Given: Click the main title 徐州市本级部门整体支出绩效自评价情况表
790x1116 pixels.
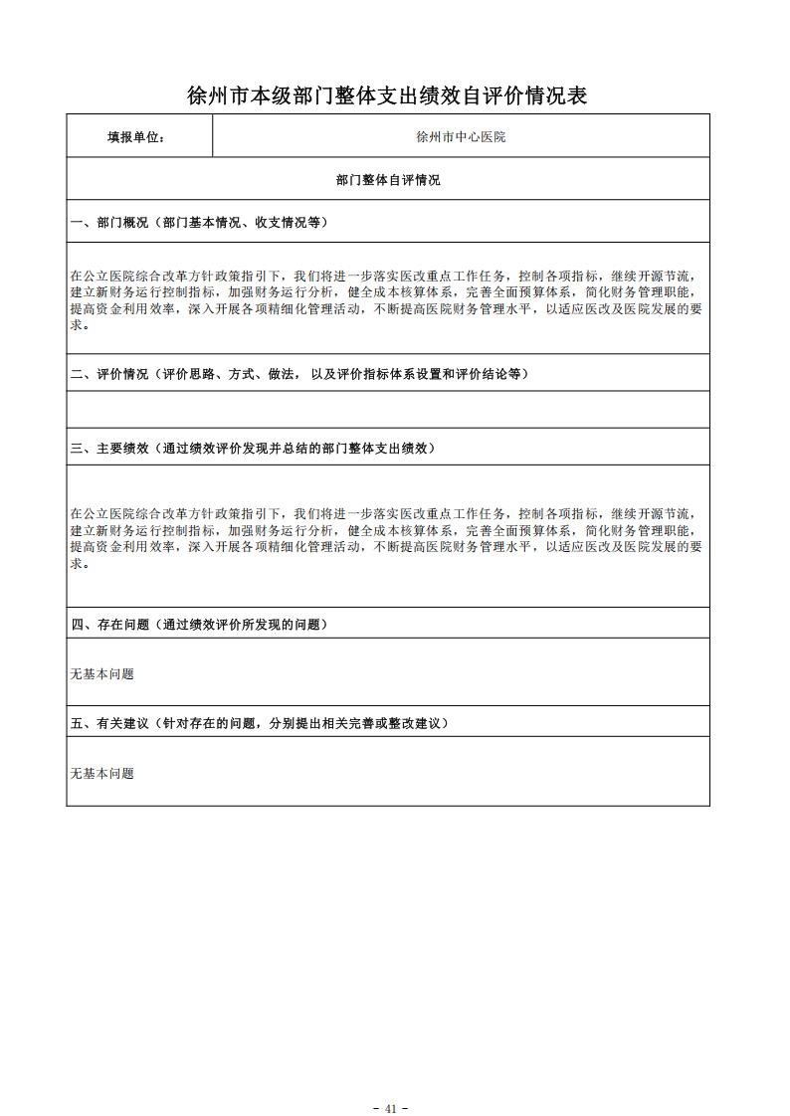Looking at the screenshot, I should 387,95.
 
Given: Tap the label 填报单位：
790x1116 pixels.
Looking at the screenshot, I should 136,137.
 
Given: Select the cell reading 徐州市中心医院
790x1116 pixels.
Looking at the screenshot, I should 461,137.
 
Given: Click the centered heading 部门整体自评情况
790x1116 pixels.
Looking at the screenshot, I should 388,180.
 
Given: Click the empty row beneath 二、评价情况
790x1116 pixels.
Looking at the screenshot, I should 388,410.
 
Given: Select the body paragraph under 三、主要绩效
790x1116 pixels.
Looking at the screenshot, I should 387,538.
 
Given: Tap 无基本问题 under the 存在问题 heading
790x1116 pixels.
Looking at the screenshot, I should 101,674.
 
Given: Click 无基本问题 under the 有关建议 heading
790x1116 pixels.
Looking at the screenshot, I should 101,774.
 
